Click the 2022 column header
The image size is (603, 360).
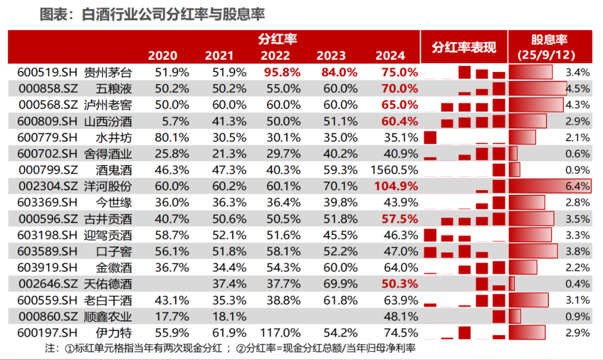click(x=275, y=56)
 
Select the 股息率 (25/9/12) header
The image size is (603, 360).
click(x=549, y=47)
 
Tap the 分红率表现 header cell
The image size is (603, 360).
click(x=464, y=47)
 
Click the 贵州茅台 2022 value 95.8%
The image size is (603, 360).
click(x=283, y=73)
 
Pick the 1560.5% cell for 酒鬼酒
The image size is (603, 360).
click(x=394, y=170)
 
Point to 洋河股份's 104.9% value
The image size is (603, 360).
click(x=396, y=186)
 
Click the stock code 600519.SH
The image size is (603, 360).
click(x=47, y=73)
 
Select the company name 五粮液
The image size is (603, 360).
click(x=114, y=89)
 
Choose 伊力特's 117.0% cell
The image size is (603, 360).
click(x=280, y=333)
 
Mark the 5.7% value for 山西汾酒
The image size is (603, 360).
click(x=175, y=122)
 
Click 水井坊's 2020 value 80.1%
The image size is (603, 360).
click(x=172, y=138)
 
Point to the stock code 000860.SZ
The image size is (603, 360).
click(x=48, y=316)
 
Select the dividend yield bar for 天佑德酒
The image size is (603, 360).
click(x=512, y=284)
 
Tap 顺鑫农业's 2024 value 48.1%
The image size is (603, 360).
click(x=401, y=316)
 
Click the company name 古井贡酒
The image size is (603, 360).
click(x=108, y=219)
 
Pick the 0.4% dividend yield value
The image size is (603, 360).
click(x=578, y=284)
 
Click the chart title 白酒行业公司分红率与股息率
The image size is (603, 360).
click(x=174, y=15)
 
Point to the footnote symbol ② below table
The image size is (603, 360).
click(x=241, y=348)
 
